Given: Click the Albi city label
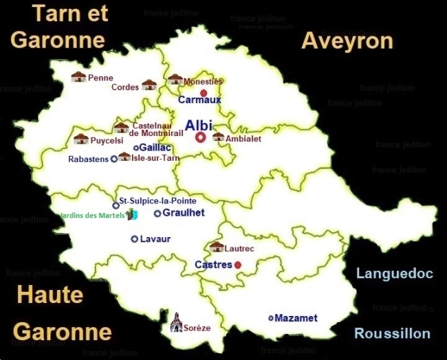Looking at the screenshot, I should pyautogui.click(x=199, y=125).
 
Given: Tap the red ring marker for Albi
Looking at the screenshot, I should pyautogui.click(x=200, y=137).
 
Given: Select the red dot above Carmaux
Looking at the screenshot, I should pyautogui.click(x=203, y=93).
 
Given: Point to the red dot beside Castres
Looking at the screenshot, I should pyautogui.click(x=238, y=265).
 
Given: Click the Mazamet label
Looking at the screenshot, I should pyautogui.click(x=296, y=318).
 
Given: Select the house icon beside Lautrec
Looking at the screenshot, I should pyautogui.click(x=217, y=247).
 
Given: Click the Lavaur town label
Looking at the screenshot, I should pyautogui.click(x=155, y=239).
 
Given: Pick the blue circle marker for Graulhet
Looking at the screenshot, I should pyautogui.click(x=157, y=214).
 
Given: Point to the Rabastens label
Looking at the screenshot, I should pyautogui.click(x=88, y=159).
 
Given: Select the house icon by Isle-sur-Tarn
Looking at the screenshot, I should pyautogui.click(x=124, y=157).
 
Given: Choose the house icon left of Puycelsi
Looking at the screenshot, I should pyautogui.click(x=80, y=139).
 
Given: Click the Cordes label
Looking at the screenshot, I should pyautogui.click(x=125, y=87).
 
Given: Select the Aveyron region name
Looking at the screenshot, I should pyautogui.click(x=347, y=41).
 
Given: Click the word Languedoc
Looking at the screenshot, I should pyautogui.click(x=394, y=274).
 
